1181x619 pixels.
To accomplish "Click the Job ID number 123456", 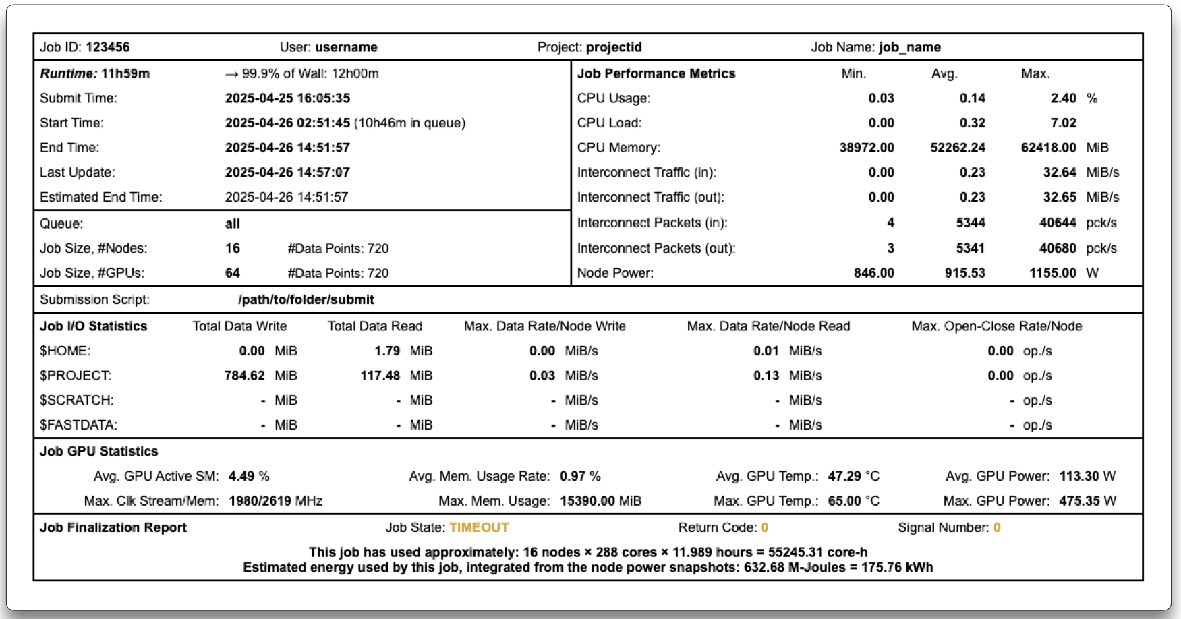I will coord(108,47).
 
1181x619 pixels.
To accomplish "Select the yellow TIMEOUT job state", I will coord(479,527).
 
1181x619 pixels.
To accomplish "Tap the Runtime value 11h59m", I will coord(125,73).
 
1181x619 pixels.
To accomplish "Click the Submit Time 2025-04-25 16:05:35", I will coord(287,98).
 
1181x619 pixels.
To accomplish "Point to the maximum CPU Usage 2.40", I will coord(1063,98).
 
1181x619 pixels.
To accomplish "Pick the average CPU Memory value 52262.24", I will coord(958,148).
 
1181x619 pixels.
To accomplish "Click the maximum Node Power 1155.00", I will coord(1052,273).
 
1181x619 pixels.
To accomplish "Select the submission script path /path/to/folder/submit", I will coord(306,299).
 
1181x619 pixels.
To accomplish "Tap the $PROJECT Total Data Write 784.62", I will coord(244,376).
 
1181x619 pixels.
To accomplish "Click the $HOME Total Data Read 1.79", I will coord(387,351).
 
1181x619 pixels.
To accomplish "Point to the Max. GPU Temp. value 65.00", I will coord(844,501).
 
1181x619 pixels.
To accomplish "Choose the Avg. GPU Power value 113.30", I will coord(1079,476).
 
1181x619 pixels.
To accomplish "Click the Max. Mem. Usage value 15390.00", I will coord(587,501).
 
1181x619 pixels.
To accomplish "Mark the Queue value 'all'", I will coord(233,224).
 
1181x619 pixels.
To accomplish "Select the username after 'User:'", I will coord(346,47).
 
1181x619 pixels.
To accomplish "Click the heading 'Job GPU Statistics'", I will coord(99,452).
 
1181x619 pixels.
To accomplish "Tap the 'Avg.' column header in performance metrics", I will coord(944,73).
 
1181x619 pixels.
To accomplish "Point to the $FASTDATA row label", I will coord(78,425).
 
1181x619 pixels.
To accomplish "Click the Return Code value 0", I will coord(765,527).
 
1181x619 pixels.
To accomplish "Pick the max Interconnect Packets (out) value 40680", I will coord(1058,248).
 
